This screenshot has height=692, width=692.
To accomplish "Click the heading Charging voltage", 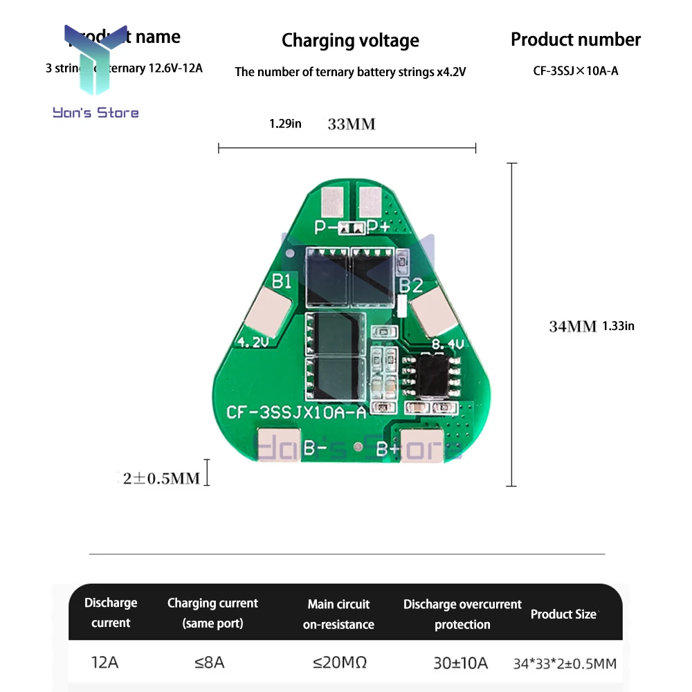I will coord(350,41).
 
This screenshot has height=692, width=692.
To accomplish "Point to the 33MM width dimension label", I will coord(351,125).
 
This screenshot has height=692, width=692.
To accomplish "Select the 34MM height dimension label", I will coord(572,326).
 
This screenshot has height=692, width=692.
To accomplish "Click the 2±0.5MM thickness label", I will coord(161,478).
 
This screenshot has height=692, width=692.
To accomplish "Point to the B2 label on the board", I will coord(412,284).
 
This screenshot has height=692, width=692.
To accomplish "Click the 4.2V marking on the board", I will coord(251,342).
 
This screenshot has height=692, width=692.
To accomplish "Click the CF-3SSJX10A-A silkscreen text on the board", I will coord(296,413).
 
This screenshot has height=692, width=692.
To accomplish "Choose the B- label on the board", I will coord(315,448).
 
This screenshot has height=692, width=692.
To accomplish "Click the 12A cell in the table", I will coord(105,662).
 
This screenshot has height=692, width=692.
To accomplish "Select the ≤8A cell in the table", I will coord(210,662).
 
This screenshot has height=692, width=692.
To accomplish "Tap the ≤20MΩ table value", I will coord(339,662).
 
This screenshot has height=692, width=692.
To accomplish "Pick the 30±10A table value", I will coord(460,663).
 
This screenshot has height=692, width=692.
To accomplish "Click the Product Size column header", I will coord(563,614).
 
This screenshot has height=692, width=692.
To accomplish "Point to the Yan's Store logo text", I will coord(95,112).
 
